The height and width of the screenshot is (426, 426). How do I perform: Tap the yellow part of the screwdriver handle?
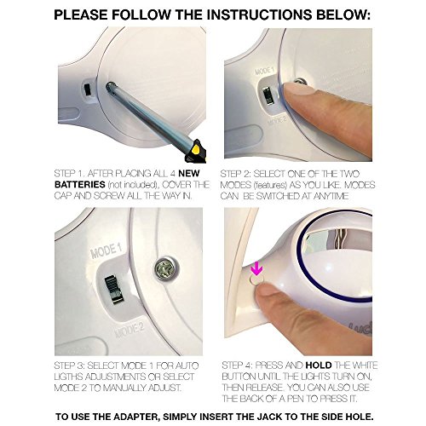(197, 149)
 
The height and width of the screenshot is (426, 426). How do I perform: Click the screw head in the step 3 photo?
(165, 268)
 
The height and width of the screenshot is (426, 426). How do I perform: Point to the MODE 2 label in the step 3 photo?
(130, 330)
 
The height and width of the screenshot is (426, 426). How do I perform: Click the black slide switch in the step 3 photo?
(113, 290)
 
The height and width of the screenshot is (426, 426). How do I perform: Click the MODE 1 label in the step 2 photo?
(264, 72)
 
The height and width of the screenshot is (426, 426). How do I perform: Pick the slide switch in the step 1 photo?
(87, 90)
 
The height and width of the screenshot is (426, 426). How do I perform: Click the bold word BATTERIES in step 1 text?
(80, 185)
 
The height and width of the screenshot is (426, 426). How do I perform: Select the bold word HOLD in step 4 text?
(319, 366)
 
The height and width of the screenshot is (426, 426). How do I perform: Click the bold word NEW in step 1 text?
(189, 173)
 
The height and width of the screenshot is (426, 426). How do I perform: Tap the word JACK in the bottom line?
(269, 417)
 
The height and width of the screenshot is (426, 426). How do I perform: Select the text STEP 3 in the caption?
(69, 366)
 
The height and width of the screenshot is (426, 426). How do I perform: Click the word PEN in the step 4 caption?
(295, 399)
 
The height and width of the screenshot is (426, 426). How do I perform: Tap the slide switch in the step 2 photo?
(267, 96)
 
